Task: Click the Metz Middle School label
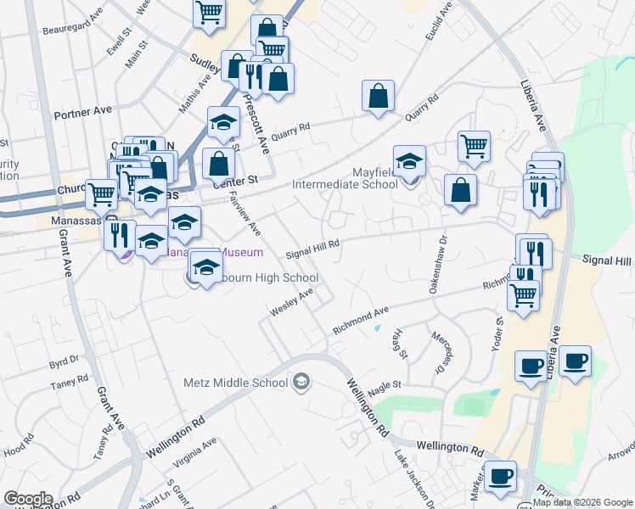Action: (236, 383)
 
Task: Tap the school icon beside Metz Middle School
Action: (301, 383)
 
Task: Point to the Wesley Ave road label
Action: (292, 301)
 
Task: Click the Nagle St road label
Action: (384, 385)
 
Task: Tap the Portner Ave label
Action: (82, 110)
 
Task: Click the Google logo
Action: (27, 499)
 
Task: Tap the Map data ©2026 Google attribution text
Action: (582, 502)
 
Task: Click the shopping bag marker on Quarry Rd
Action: (378, 97)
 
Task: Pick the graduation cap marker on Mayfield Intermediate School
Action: (409, 159)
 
